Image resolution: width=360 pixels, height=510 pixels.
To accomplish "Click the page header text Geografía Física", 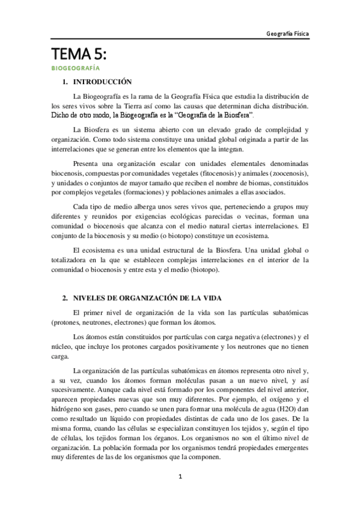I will click(288, 34).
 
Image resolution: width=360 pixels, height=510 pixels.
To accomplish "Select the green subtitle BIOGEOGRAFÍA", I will click(75, 69).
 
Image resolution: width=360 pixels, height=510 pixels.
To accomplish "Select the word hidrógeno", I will click(67, 408).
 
